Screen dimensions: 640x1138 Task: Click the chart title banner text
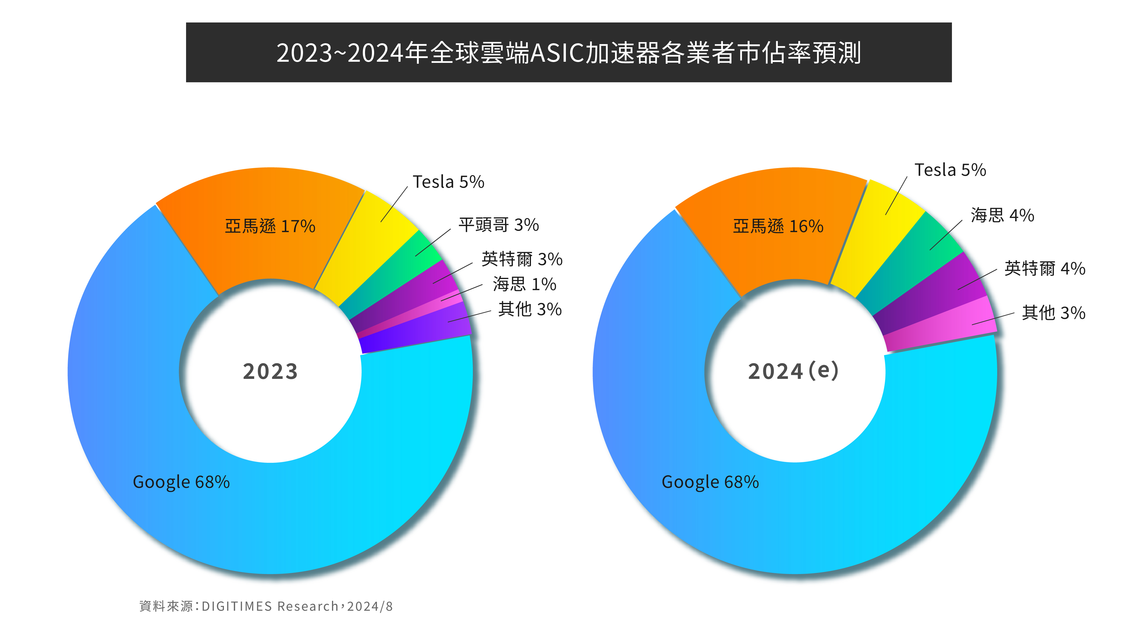click(568, 53)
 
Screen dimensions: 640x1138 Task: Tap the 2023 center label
click(270, 371)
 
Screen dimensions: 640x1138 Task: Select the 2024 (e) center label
click(793, 371)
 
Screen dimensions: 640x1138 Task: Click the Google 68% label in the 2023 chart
click(181, 482)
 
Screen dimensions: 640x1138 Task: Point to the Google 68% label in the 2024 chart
click(710, 482)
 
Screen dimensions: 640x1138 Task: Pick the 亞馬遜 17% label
click(270, 226)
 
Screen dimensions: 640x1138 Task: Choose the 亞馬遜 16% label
click(778, 226)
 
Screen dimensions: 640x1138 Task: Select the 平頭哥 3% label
click(498, 225)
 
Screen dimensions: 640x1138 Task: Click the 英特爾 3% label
click(522, 259)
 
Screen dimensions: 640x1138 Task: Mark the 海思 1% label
click(524, 284)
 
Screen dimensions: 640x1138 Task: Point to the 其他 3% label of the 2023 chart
click(530, 309)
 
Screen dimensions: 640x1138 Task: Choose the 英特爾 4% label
click(1044, 269)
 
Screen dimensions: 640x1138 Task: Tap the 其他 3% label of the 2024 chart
click(1053, 313)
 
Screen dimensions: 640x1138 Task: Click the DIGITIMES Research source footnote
click(266, 606)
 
